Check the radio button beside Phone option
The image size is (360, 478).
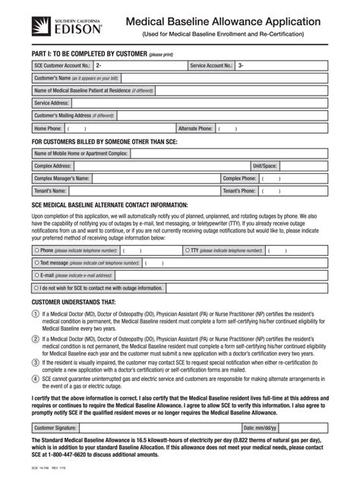(x=36, y=250)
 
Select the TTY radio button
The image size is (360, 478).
(x=185, y=250)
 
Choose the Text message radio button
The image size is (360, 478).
(x=36, y=263)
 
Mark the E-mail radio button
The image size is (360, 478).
(x=36, y=275)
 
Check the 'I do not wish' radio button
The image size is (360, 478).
(x=36, y=288)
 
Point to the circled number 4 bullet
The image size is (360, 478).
(x=36, y=381)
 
